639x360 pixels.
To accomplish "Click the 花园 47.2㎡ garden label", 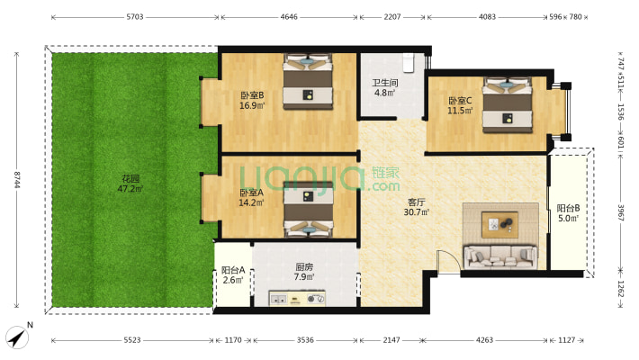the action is click(x=130, y=184).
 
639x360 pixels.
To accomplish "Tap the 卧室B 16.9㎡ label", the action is click(x=252, y=100).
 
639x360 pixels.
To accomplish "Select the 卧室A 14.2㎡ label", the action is click(x=251, y=197).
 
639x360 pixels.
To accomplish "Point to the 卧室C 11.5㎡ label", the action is click(x=460, y=105).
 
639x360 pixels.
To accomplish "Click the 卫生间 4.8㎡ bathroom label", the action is click(x=384, y=87).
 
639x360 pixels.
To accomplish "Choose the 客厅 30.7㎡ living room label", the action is click(x=416, y=207).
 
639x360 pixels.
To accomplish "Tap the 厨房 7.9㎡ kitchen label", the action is click(x=304, y=272).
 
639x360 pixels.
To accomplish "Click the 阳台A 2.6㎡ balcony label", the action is click(x=233, y=274).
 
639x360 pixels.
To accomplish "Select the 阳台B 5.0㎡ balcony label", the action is click(x=569, y=213).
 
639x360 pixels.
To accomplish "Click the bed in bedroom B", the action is click(x=308, y=82).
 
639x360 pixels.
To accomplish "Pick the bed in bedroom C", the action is click(x=508, y=104).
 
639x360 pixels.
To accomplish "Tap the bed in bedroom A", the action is click(x=309, y=209).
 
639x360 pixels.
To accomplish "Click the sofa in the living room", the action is click(x=500, y=256).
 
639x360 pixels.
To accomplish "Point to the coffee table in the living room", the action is click(x=500, y=225).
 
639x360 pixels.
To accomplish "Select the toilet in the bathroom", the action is click(x=409, y=62).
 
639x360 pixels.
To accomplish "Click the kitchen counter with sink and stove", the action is click(x=297, y=298).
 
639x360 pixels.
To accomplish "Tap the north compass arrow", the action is click(x=17, y=337).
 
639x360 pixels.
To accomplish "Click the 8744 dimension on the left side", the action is click(x=17, y=179).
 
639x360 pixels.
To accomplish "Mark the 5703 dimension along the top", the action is click(x=135, y=17).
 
